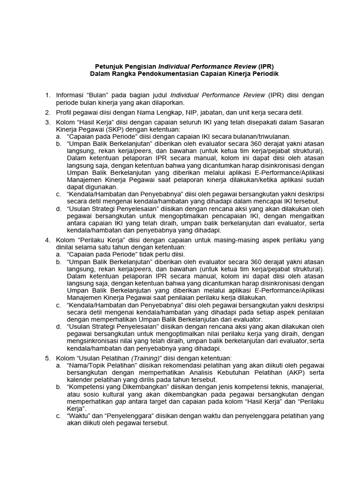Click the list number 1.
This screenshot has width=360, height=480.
pyautogui.click(x=47, y=95)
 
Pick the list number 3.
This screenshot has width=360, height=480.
pyautogui.click(x=47, y=122)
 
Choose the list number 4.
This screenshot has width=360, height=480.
pyautogui.click(x=47, y=240)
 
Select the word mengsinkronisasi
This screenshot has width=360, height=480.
pyautogui.click(x=92, y=341)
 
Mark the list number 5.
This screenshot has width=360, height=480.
pyautogui.click(x=47, y=358)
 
